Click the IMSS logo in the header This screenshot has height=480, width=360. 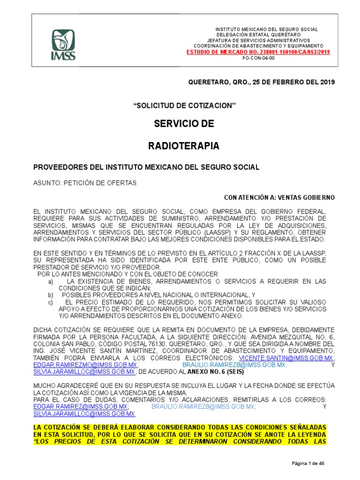[x=63, y=45]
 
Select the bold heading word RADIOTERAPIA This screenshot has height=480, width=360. [x=184, y=146]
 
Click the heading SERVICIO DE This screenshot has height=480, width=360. [x=184, y=124]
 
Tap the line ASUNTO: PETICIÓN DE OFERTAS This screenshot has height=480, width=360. [x=85, y=183]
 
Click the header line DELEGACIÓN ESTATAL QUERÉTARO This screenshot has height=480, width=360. [x=264, y=35]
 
